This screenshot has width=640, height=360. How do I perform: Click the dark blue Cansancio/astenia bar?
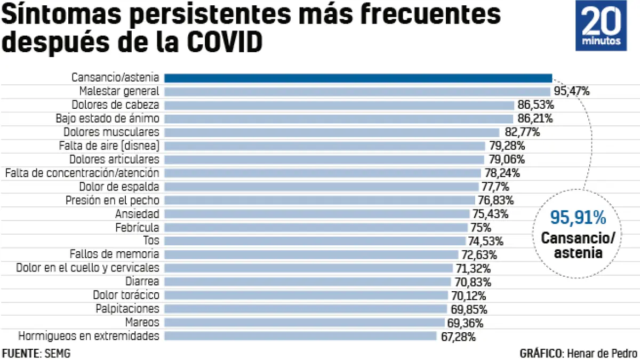coord(358,78)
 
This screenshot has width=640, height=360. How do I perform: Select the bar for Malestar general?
coord(357,91)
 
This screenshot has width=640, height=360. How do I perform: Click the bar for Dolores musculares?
coord(331,132)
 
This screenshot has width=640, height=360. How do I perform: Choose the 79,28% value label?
coord(506,146)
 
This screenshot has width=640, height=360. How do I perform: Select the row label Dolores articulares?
coord(114,159)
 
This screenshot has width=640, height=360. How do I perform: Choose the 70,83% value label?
coord(473,282)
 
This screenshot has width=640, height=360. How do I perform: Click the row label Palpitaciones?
coord(127,309)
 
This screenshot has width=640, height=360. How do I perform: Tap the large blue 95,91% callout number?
coord(578,218)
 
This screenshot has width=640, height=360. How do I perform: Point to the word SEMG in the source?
coord(57,353)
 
